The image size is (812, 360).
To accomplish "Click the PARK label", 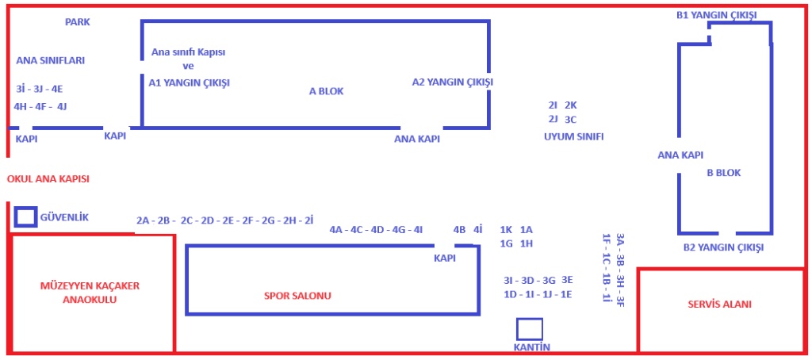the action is [77, 22].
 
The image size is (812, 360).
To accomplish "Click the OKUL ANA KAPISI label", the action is [48, 179].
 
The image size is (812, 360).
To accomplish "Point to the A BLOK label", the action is [326, 91].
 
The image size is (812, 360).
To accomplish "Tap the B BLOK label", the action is [724, 173].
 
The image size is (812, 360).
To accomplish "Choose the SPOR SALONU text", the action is [298, 297].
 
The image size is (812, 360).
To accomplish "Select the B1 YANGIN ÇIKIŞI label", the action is [717, 16].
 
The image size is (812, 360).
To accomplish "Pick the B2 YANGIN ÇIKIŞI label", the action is [723, 247].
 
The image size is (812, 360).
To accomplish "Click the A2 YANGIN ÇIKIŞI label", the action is [453, 82].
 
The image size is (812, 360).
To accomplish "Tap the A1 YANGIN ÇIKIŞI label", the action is [189, 83].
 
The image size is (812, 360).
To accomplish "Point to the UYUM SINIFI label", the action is [574, 136].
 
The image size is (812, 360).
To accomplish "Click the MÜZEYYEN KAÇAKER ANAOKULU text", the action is [90, 293].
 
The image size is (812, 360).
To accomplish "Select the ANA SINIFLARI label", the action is [50, 60].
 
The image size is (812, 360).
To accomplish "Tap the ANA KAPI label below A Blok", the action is [417, 139].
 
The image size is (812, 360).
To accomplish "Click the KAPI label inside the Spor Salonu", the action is [444, 259].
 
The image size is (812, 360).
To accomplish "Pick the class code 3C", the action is [570, 120].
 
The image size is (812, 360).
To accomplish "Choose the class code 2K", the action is [570, 105].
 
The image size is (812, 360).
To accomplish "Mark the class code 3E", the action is [566, 280].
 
